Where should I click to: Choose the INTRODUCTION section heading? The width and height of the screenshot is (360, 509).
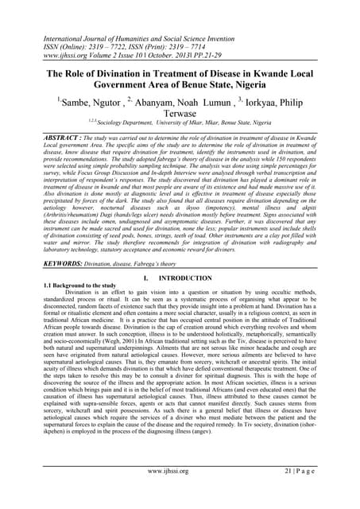coord(195,278)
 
